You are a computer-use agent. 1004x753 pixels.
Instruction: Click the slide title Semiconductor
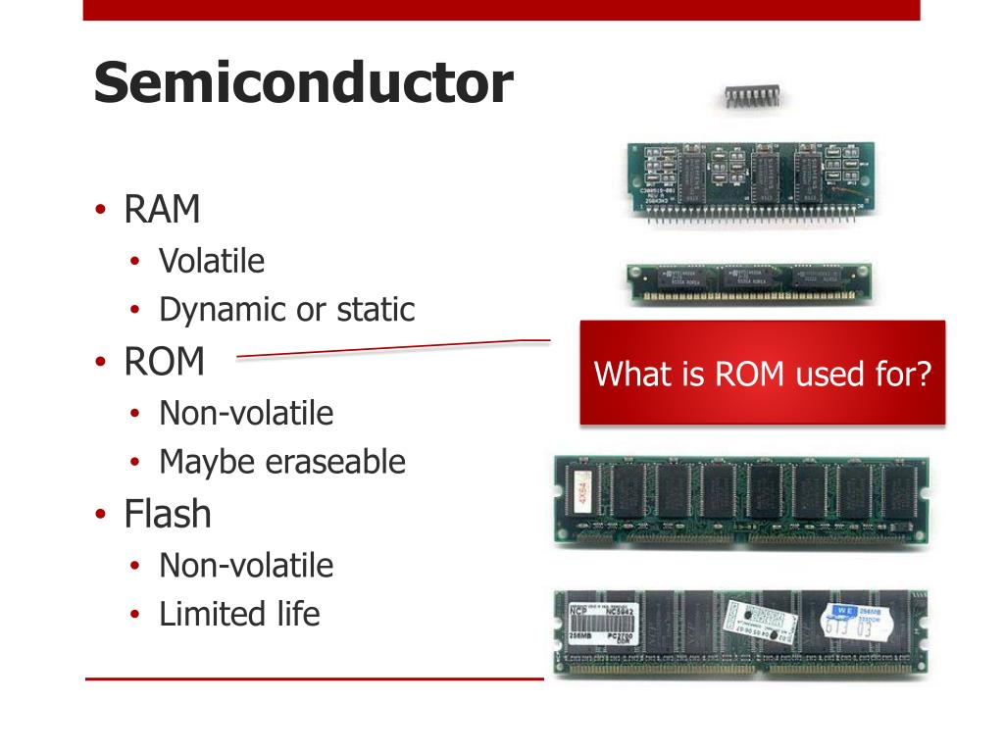(x=303, y=84)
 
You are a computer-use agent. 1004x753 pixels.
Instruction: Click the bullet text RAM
(x=162, y=210)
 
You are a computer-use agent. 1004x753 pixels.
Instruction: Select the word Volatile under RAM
(x=212, y=261)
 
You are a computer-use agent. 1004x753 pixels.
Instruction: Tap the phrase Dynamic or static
(x=286, y=310)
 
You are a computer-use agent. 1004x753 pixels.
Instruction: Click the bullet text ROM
(x=164, y=363)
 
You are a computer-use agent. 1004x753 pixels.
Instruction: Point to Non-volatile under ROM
(x=246, y=413)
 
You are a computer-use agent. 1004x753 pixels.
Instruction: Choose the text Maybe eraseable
(x=282, y=462)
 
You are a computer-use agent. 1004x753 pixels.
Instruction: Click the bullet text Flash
(x=167, y=514)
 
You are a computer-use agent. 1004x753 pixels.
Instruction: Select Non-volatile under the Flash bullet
(x=246, y=566)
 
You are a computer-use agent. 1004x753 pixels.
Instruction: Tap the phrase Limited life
(x=239, y=615)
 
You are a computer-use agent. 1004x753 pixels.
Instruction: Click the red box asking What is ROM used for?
(x=762, y=374)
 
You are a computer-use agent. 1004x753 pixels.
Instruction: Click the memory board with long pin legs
(x=750, y=180)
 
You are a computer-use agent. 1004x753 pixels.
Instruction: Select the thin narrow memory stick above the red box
(x=749, y=282)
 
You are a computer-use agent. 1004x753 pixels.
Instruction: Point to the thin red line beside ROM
(x=392, y=349)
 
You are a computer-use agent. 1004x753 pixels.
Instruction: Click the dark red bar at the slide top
(x=501, y=10)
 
